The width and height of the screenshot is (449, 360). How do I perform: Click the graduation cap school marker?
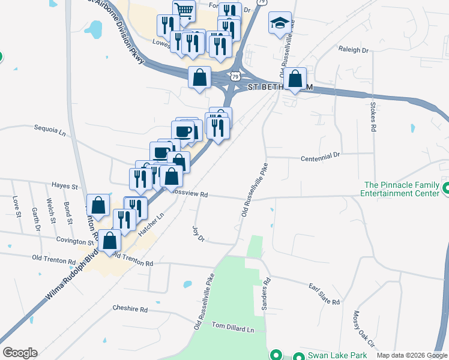pyautogui.click(x=280, y=23)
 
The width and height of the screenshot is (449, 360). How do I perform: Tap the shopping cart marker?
pyautogui.click(x=184, y=10)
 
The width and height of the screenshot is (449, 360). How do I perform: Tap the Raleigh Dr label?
pyautogui.click(x=353, y=50)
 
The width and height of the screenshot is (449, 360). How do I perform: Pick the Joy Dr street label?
pyautogui.click(x=198, y=233)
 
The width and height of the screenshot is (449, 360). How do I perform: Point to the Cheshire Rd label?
pyautogui.click(x=130, y=309)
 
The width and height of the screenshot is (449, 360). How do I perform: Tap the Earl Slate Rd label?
pyautogui.click(x=324, y=294)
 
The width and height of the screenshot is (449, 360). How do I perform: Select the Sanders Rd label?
pyautogui.click(x=265, y=293)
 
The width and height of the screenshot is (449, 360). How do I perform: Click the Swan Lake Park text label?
pyautogui.click(x=333, y=355)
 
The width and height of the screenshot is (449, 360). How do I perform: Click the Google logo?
pyautogui.click(x=20, y=353)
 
